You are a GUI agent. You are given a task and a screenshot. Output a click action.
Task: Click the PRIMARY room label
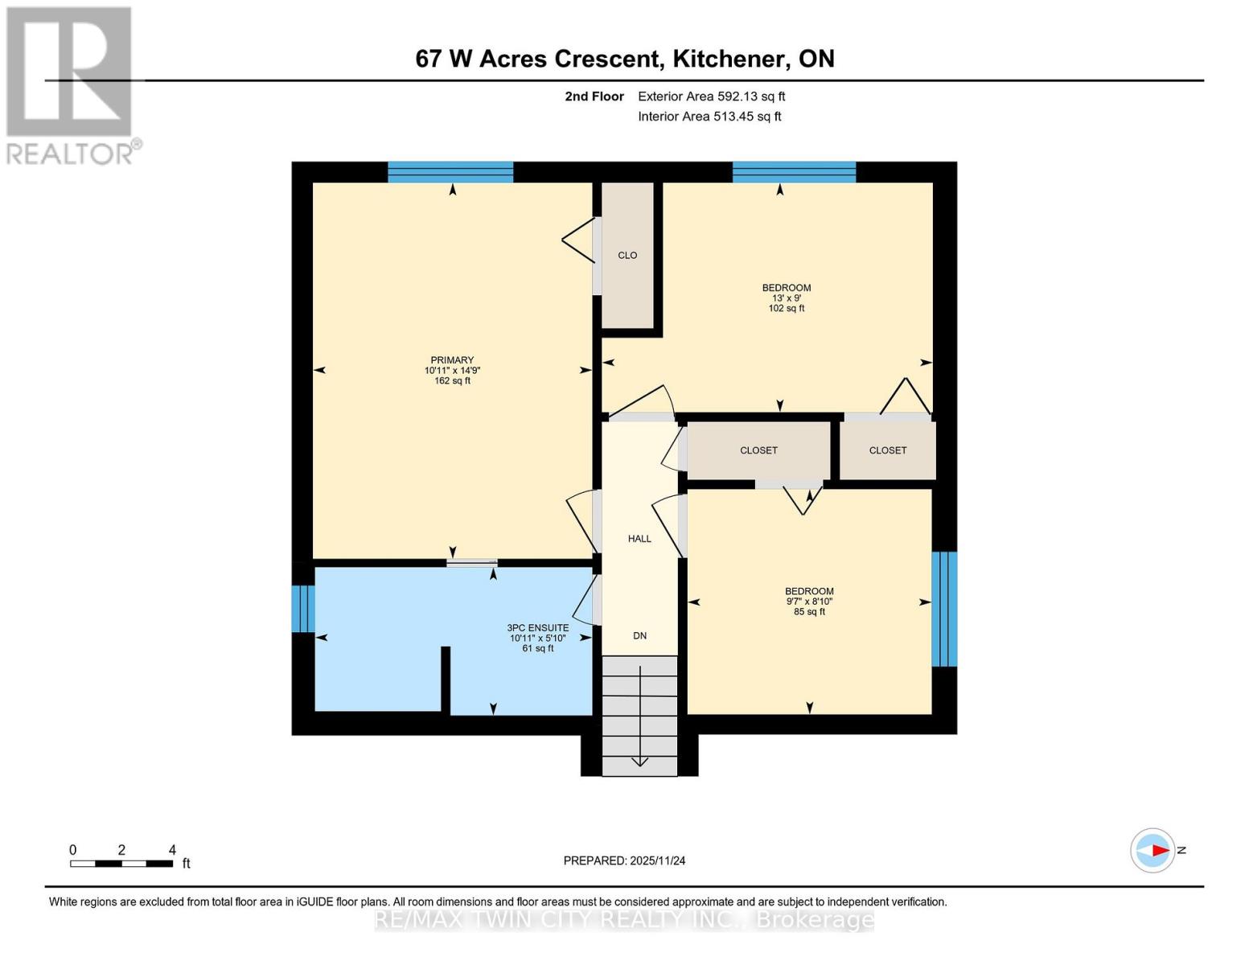(x=452, y=360)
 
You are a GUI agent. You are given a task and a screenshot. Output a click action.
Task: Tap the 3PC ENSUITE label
(x=537, y=628)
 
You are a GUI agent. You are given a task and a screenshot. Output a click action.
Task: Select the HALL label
(x=639, y=539)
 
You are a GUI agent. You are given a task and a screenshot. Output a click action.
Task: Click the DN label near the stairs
(x=639, y=636)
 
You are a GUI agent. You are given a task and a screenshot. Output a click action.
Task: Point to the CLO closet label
(x=627, y=256)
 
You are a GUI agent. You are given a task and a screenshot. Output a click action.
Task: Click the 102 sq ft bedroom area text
(x=786, y=309)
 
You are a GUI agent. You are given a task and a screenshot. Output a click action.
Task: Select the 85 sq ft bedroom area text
(x=809, y=612)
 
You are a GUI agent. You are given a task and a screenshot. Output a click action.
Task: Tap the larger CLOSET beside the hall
(x=758, y=450)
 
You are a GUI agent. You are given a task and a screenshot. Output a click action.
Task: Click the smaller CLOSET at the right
(x=887, y=450)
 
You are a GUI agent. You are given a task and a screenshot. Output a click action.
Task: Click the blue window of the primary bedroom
(x=450, y=172)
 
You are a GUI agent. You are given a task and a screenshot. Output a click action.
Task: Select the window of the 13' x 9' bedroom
(x=794, y=172)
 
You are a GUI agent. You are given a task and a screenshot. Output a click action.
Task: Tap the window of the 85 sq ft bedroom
(x=944, y=609)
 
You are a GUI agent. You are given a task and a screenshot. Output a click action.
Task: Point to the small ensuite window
(x=302, y=609)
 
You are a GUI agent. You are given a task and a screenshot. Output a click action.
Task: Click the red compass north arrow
(x=1159, y=850)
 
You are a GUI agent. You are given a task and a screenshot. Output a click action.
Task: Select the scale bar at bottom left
(x=121, y=864)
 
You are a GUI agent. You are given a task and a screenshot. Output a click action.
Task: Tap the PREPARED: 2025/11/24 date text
(x=624, y=860)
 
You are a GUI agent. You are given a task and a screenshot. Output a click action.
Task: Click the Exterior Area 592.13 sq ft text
(x=711, y=96)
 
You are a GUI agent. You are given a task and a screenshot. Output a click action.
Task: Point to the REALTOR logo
(x=71, y=84)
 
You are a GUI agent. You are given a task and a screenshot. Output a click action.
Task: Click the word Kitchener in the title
(x=729, y=59)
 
